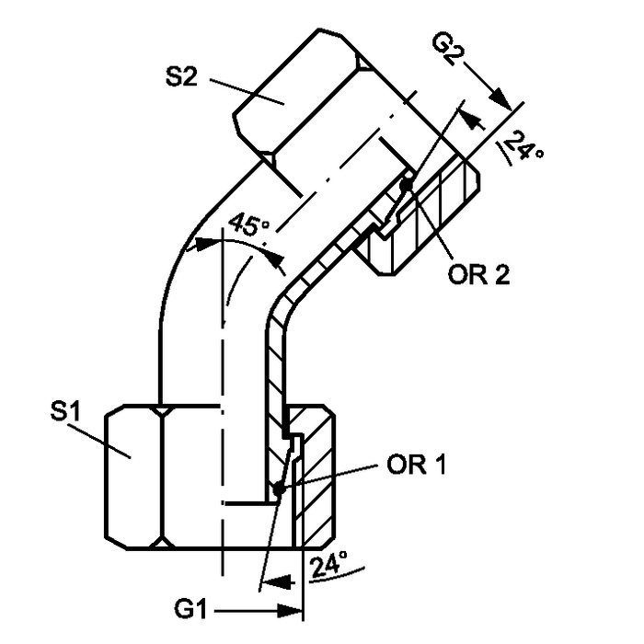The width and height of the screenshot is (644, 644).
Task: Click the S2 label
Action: (x=183, y=78)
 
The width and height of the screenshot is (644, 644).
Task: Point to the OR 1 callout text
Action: (x=416, y=466)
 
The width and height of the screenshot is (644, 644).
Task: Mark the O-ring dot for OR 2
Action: (x=406, y=184)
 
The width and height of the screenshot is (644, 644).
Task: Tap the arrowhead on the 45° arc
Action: (x=279, y=263)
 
